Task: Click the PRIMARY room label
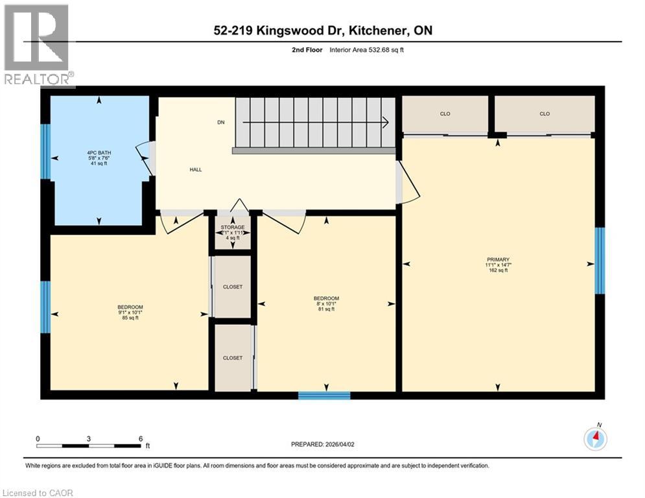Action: tap(498, 259)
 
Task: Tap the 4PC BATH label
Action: tap(99, 153)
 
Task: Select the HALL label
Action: tap(195, 170)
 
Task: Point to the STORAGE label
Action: tap(232, 227)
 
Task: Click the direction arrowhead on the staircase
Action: tap(384, 122)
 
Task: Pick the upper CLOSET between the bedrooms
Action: tap(232, 287)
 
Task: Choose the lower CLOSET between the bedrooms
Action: tap(232, 358)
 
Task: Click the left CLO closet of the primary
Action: tap(445, 114)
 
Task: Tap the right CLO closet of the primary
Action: tap(545, 114)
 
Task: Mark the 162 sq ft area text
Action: tap(498, 270)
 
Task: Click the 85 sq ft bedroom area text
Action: tap(130, 318)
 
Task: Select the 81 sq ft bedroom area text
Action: tap(326, 309)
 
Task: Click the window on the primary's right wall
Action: tap(600, 260)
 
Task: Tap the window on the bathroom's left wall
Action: tap(45, 151)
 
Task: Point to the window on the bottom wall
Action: tap(324, 395)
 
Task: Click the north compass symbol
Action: tap(595, 439)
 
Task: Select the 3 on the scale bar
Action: tap(88, 438)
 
